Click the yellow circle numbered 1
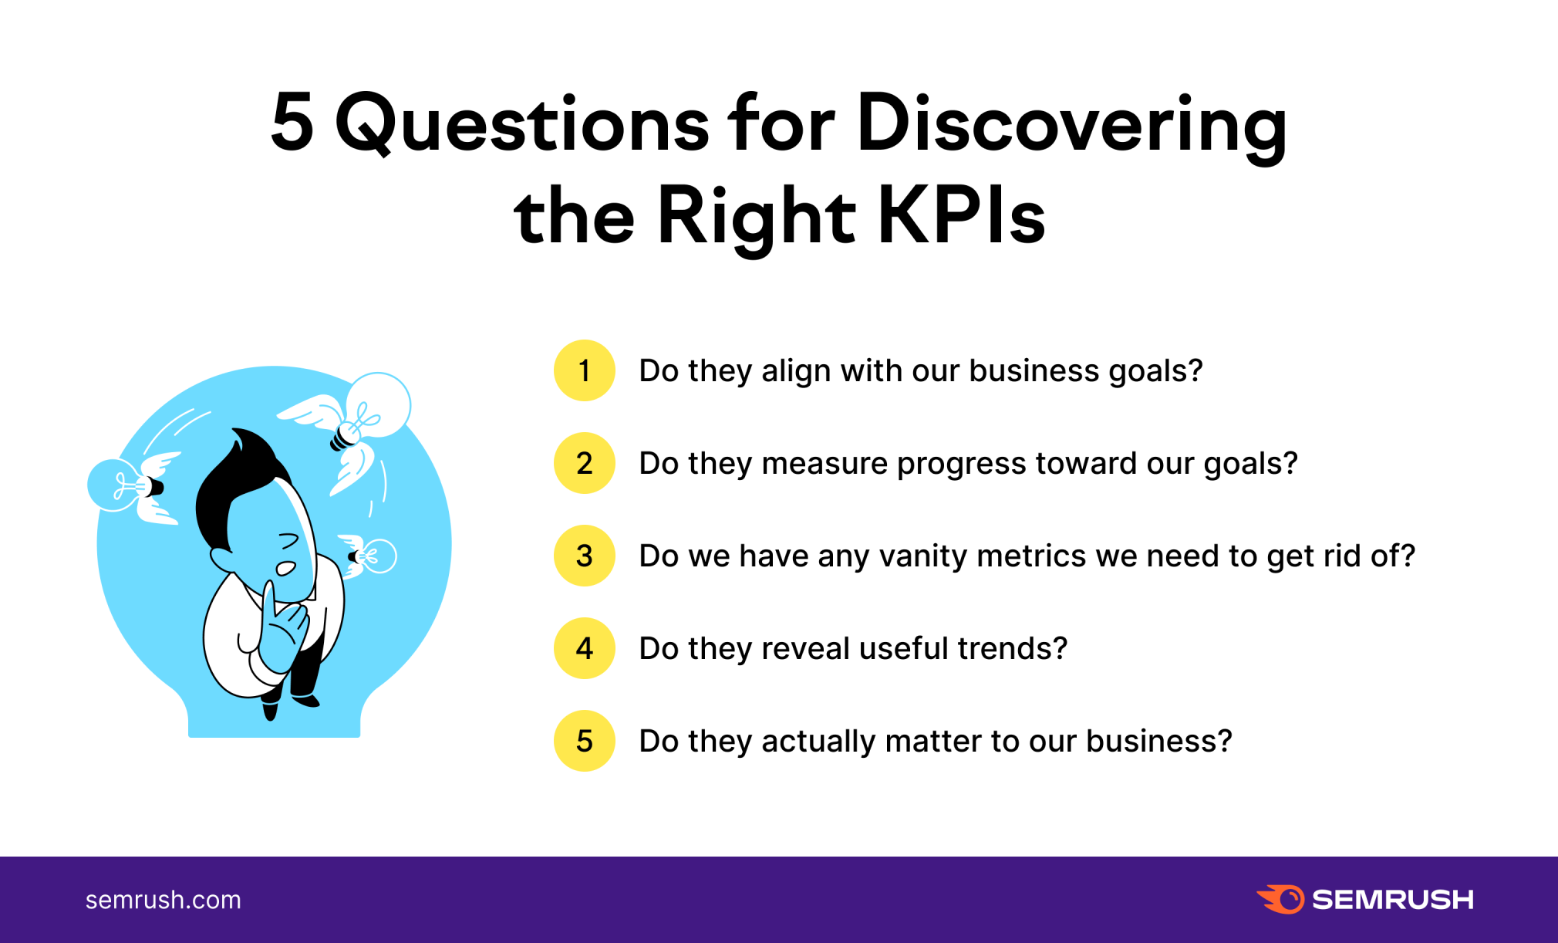[x=584, y=370]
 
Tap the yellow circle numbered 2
[x=584, y=463]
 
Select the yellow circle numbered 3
[x=584, y=556]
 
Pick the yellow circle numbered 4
[x=584, y=648]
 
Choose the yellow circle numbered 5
[x=584, y=741]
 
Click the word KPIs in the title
[x=961, y=216]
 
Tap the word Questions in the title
[x=521, y=123]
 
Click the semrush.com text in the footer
[x=163, y=900]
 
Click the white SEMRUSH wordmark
[x=1393, y=900]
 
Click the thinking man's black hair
[x=239, y=486]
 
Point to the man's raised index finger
[x=268, y=610]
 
